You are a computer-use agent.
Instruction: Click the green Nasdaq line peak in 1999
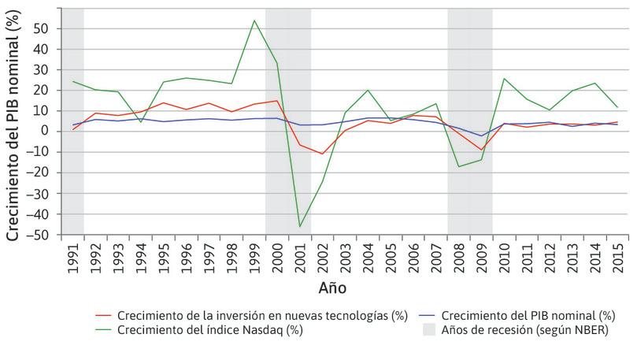click(254, 20)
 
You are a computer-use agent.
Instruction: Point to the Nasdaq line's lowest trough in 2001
click(300, 226)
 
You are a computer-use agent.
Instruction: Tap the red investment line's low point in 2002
click(323, 154)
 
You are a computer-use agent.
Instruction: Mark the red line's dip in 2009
click(481, 150)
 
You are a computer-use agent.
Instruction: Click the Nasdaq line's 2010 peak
click(504, 78)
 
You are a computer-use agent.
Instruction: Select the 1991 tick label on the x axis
click(73, 256)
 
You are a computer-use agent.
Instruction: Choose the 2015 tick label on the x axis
click(618, 256)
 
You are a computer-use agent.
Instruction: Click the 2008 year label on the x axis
click(459, 256)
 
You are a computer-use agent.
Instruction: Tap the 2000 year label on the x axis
click(277, 256)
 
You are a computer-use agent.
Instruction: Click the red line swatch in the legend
click(100, 316)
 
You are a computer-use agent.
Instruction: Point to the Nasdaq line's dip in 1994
click(141, 122)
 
